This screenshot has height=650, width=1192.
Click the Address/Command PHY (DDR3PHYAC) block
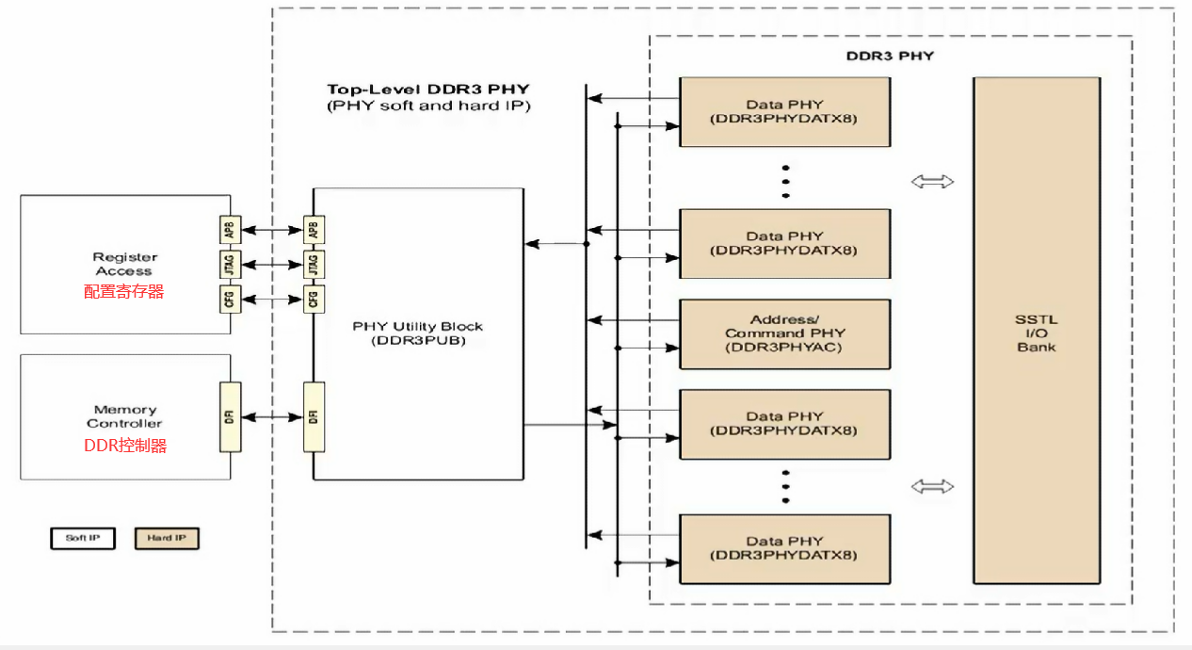click(784, 333)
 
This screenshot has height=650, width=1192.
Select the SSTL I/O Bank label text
click(1036, 333)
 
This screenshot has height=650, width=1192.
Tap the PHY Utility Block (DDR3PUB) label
click(417, 333)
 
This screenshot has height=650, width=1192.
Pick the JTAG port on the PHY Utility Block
click(314, 264)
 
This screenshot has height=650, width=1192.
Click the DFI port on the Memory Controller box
click(230, 415)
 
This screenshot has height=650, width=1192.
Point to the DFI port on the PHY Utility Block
click(314, 415)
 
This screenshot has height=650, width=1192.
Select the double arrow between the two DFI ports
click(271, 415)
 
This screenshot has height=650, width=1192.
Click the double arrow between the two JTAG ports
click(271, 265)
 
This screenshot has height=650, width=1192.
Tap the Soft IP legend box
click(82, 539)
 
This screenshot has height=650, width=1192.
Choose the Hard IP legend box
click(167, 539)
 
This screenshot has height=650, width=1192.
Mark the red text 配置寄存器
click(123, 292)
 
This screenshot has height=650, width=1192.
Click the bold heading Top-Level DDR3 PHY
click(428, 89)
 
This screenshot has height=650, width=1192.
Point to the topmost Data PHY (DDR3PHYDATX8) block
click(784, 111)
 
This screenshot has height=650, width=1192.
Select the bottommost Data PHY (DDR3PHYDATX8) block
click(784, 548)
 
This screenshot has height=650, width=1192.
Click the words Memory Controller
click(125, 416)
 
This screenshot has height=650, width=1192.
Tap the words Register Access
click(124, 264)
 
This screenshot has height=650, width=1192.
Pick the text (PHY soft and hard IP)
click(428, 106)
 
